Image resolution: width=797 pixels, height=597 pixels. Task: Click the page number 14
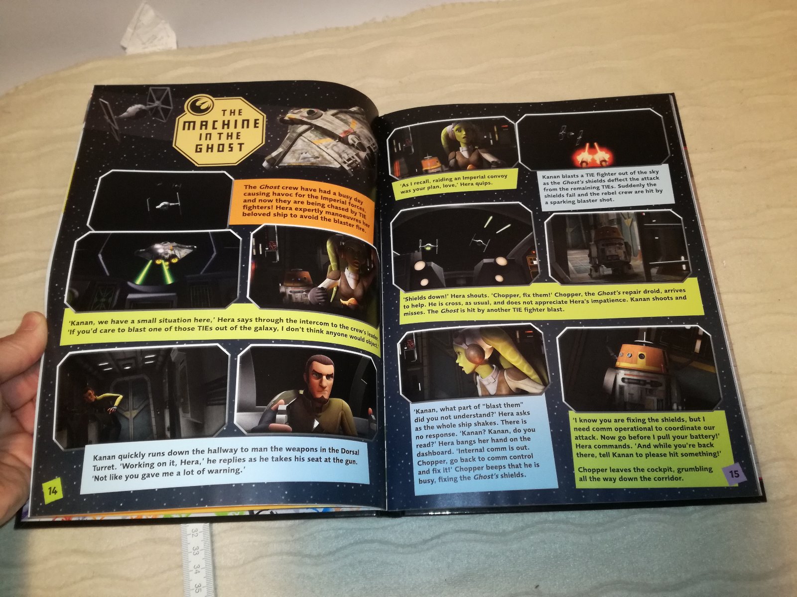point(53,491)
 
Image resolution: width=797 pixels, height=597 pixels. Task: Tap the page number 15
point(734,474)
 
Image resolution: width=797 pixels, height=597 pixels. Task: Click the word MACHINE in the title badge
point(221,124)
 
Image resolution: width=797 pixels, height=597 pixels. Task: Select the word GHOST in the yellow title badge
point(219,148)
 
